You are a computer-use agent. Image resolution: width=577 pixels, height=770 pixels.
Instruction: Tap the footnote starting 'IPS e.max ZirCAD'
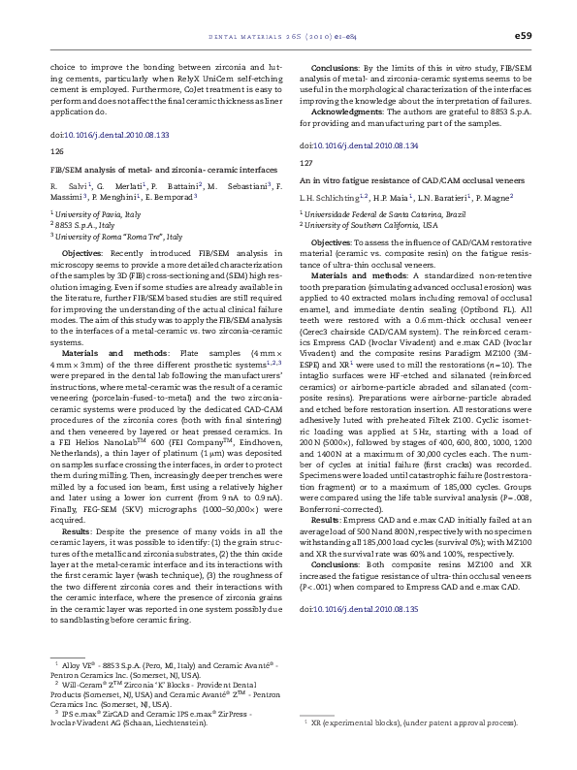145,714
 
